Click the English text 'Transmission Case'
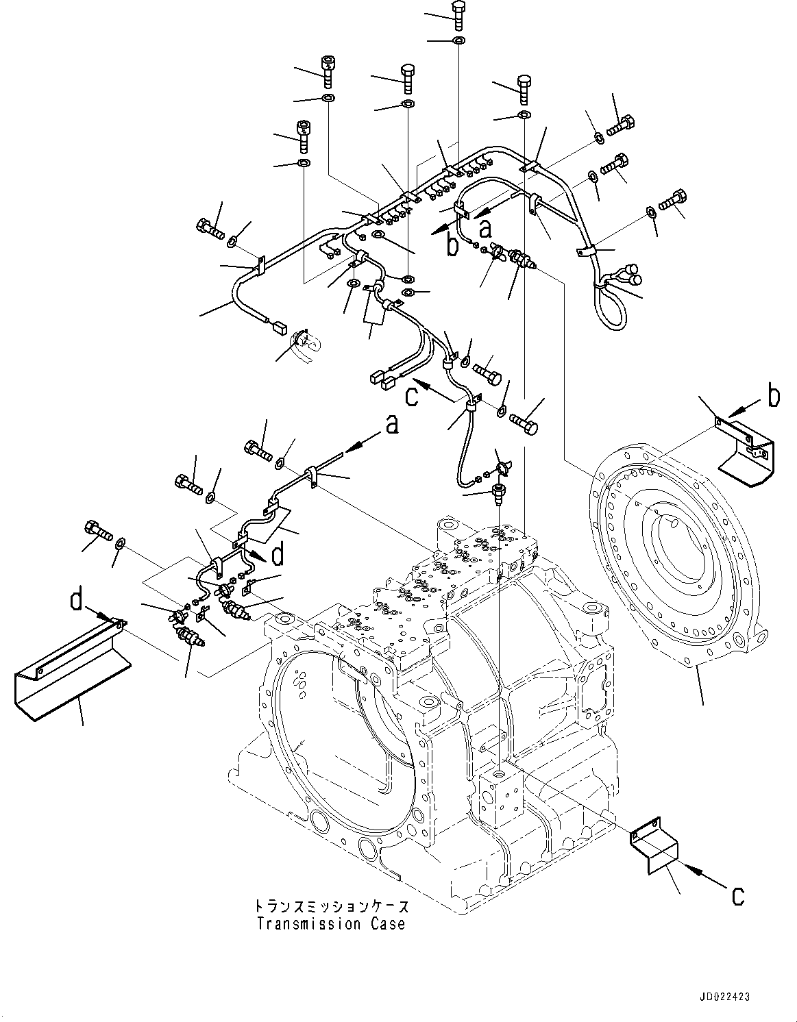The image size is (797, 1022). [x=331, y=924]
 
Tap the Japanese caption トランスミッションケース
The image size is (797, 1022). [x=331, y=907]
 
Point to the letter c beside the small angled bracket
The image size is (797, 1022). [x=737, y=895]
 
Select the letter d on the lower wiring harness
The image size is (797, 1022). [x=278, y=555]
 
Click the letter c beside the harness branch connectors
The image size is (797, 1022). [x=411, y=397]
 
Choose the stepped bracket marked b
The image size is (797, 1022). [x=747, y=452]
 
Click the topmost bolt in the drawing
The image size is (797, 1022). [x=458, y=14]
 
